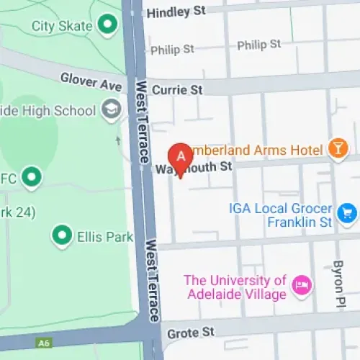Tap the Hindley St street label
pos(176,12)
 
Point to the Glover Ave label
pos(91,81)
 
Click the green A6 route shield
pos(45,343)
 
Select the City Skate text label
pos(62,26)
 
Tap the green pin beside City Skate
pos(108,25)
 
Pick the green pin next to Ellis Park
pos(62,234)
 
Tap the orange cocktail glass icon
pos(336,148)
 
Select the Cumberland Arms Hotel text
pos(256,150)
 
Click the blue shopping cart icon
pos(347,212)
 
